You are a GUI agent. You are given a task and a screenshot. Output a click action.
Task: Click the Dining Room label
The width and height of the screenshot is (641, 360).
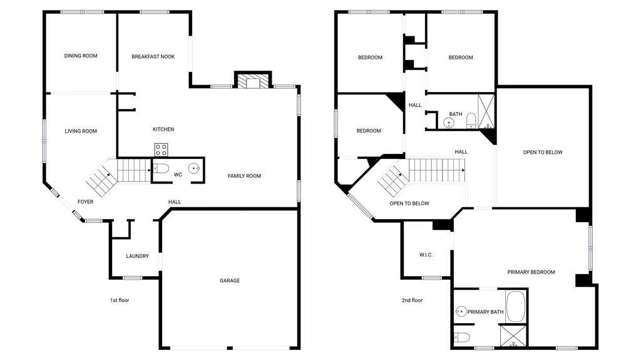(81, 56)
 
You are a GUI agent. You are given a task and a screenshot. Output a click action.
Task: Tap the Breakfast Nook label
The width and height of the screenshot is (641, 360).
(153, 56)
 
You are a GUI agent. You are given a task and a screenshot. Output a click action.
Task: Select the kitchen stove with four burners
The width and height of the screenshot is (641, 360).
(161, 150)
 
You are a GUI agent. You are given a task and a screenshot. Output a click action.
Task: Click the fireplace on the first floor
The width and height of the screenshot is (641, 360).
(253, 80)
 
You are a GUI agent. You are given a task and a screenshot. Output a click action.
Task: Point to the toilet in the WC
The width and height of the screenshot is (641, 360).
(161, 168)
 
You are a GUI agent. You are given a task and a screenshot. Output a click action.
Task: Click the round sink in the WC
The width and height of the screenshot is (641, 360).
(194, 168)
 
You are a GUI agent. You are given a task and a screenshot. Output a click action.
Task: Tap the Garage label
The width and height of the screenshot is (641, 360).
(230, 280)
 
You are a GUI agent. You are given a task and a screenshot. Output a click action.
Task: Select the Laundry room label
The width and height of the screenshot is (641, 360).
(137, 256)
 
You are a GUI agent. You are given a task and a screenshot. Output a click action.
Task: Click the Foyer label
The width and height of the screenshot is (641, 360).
(85, 202)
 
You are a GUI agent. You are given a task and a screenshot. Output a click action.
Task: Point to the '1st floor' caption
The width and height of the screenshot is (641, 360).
(120, 301)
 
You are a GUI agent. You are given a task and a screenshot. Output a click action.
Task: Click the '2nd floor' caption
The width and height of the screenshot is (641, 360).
(412, 301)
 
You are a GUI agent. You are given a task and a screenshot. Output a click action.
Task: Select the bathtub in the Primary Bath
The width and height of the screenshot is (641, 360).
(516, 306)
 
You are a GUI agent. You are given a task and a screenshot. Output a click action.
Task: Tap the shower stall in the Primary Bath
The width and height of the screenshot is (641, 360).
(513, 336)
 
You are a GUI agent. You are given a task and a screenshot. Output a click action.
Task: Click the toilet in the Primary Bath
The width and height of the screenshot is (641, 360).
(462, 337)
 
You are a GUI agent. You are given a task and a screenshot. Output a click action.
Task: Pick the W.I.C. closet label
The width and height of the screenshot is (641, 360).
(426, 255)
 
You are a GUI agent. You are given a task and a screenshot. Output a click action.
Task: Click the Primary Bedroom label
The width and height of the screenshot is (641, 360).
(531, 272)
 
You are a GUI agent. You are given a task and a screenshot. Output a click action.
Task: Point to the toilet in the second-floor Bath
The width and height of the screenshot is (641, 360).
(471, 120)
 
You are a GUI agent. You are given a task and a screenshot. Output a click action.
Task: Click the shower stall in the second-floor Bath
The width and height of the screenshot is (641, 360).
(486, 111)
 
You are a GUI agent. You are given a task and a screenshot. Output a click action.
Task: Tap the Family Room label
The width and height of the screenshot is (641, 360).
(245, 176)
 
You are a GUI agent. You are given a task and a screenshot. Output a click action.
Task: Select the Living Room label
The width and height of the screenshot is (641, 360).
(81, 131)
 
